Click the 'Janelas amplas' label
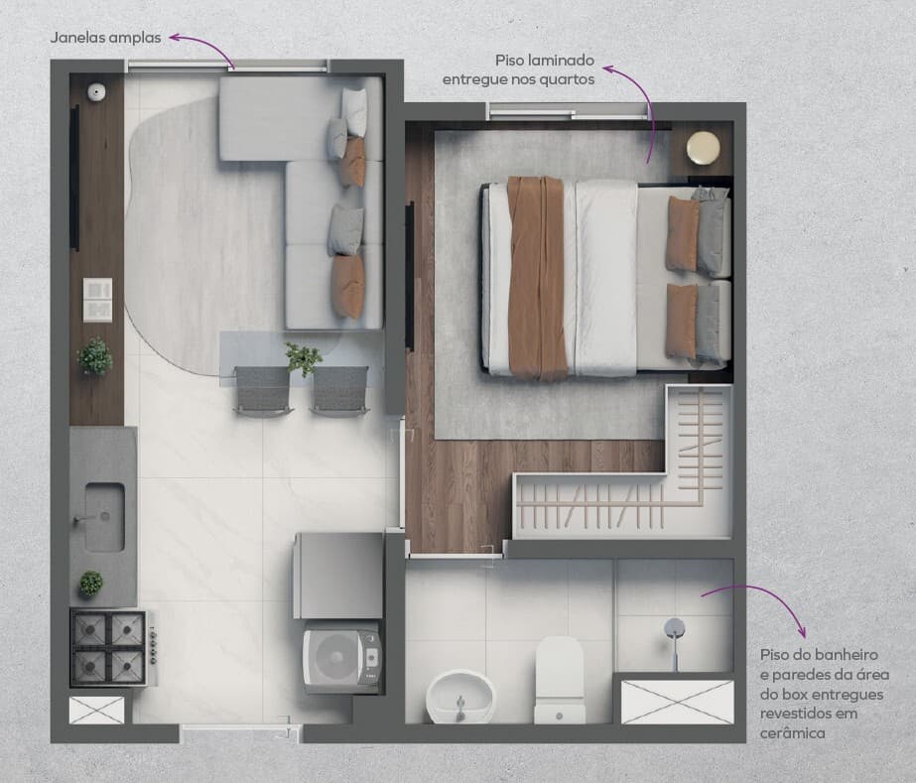tap(106, 38)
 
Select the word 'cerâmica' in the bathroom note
tap(792, 732)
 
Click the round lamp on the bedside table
tap(703, 148)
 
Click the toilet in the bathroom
tap(560, 680)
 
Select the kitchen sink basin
tap(104, 517)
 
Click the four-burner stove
tap(113, 647)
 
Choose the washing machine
tap(341, 657)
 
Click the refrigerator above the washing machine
tap(338, 576)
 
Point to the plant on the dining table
tap(303, 358)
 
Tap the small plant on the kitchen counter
tap(91, 584)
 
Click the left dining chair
tap(262, 391)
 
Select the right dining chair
tap(340, 391)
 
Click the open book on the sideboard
tap(97, 299)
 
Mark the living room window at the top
tap(228, 66)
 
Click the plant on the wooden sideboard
tap(94, 356)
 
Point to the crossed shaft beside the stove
tap(97, 710)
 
